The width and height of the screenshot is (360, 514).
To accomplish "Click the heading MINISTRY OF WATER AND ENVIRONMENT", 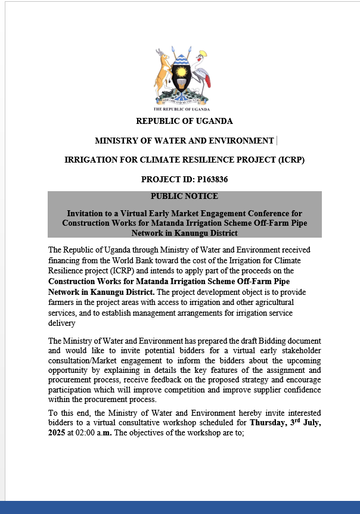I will [184, 141].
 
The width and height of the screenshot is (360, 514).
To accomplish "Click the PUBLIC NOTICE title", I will [184, 196].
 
